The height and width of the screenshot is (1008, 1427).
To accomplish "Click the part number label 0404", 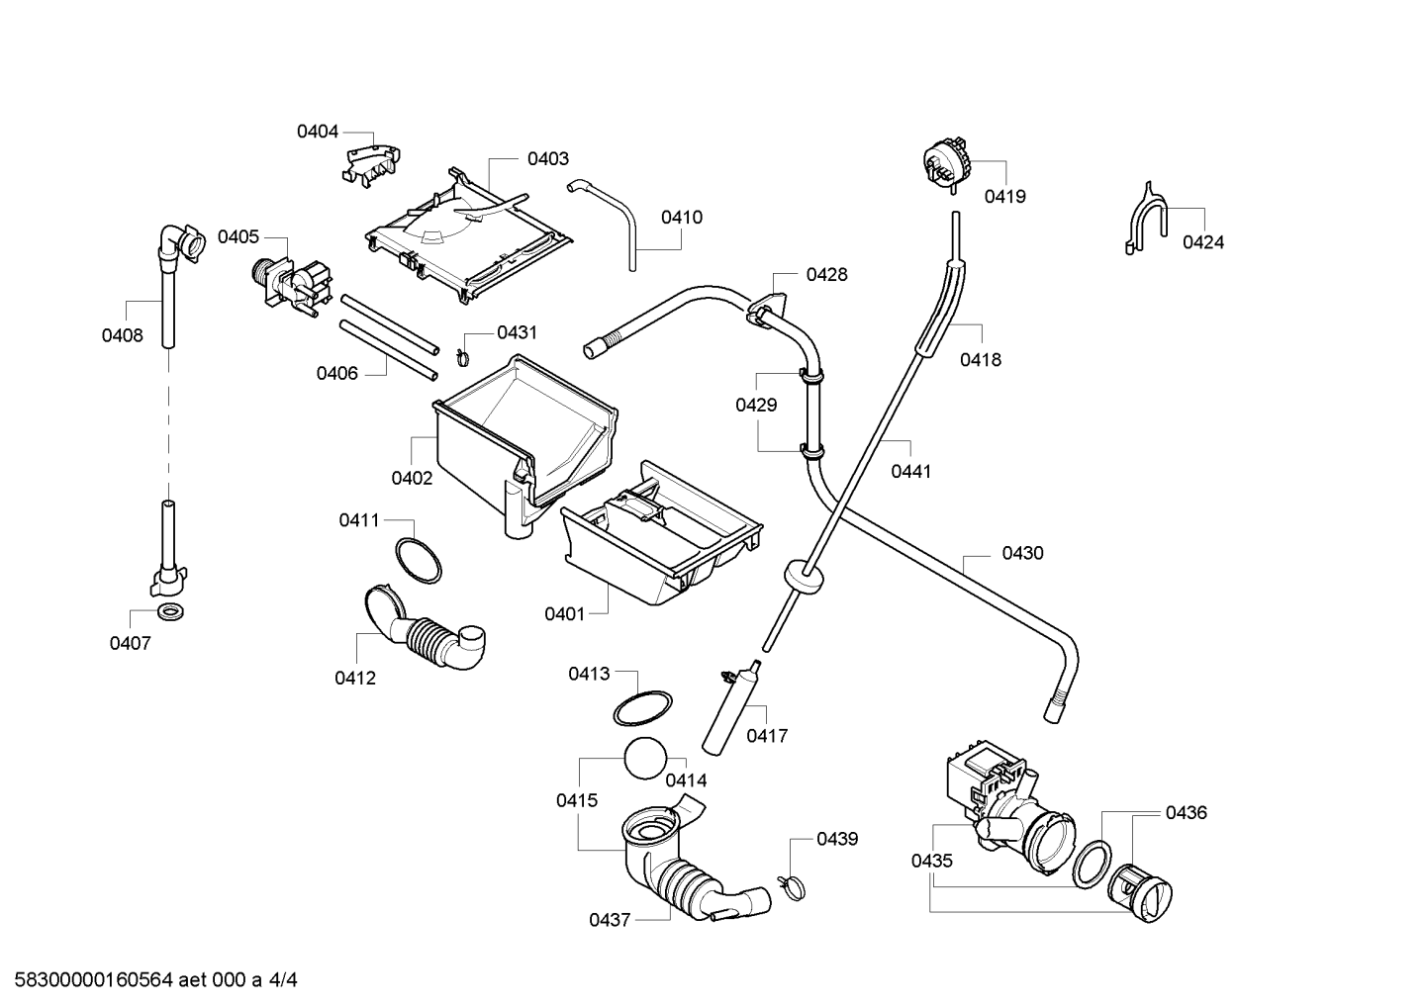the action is tap(318, 132).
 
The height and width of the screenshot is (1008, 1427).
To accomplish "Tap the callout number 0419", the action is tap(1004, 197).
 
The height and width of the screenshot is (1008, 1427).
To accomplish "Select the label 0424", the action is tap(1202, 242).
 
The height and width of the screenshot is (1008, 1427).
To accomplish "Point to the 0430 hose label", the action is tap(1022, 553).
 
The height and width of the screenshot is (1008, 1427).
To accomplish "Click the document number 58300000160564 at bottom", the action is tap(93, 980).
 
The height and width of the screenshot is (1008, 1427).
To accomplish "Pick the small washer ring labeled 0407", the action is tap(171, 612).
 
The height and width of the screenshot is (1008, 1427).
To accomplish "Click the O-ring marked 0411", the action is tap(419, 560).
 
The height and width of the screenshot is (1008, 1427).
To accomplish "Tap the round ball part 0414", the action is tap(645, 758).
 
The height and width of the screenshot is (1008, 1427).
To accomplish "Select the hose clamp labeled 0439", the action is tap(792, 887).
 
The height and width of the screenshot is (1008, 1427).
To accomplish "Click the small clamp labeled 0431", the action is tap(463, 358).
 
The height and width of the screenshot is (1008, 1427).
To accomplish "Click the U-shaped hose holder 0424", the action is tap(1146, 221).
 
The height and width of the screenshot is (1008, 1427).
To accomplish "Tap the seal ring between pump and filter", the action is tap(1092, 865).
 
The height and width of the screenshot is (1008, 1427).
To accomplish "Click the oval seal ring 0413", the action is tap(642, 708).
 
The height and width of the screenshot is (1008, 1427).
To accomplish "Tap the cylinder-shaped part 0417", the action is tap(730, 708).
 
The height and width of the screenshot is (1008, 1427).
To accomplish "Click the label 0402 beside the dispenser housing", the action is tap(412, 478).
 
